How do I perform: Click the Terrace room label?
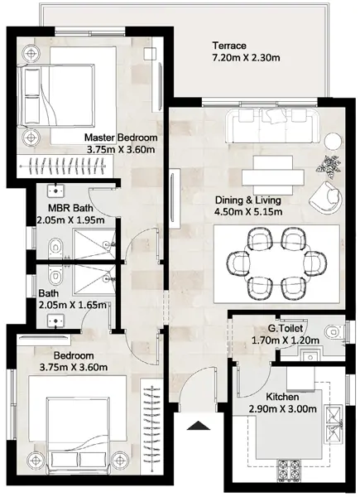pos(229,46)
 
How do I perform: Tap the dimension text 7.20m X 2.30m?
pos(246,58)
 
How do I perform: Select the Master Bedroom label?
pos(121,138)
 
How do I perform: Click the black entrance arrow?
pos(199,426)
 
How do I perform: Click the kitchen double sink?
pos(334,424)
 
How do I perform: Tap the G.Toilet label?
pos(285,329)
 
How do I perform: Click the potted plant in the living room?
pos(330,164)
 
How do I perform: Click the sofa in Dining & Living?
pos(272,126)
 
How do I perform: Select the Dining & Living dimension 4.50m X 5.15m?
pos(248,212)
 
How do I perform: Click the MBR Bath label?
pos(70,208)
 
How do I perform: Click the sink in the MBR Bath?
pos(56,191)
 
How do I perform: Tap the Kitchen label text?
pos(282,397)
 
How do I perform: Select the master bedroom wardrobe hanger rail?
pos(62,165)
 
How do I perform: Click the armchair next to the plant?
pos(326,197)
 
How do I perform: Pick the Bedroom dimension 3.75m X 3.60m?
pos(74,368)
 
